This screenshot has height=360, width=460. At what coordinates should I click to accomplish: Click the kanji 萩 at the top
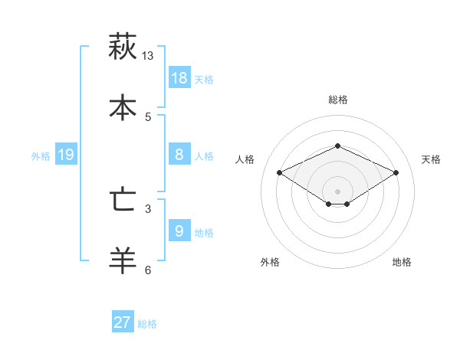[123, 47]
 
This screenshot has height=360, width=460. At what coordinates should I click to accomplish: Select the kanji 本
[123, 107]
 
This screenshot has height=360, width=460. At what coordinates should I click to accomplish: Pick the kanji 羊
[123, 260]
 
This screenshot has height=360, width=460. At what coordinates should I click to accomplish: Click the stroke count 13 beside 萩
[148, 56]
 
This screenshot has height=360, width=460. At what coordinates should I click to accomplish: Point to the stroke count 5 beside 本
[148, 116]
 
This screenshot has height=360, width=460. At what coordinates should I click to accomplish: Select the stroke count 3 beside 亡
[148, 208]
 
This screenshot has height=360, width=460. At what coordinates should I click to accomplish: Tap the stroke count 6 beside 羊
[148, 270]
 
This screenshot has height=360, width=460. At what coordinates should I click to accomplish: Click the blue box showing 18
[179, 77]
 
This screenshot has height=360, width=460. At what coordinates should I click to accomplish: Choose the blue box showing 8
[179, 154]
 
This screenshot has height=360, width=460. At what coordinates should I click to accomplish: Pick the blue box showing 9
[179, 230]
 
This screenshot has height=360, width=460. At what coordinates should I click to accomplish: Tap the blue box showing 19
[66, 155]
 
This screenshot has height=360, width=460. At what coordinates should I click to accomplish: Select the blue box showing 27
[123, 322]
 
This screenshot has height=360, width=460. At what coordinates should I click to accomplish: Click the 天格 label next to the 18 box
[204, 79]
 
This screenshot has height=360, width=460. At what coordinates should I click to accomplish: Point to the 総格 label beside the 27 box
[147, 324]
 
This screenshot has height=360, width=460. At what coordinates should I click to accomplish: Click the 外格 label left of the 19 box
[41, 156]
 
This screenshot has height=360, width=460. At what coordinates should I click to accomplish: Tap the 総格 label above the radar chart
[338, 100]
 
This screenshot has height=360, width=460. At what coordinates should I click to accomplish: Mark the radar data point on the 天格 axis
[396, 173]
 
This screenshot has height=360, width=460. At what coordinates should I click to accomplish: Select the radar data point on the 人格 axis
[280, 173]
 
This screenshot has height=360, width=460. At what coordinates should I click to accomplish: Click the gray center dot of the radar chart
[338, 191]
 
